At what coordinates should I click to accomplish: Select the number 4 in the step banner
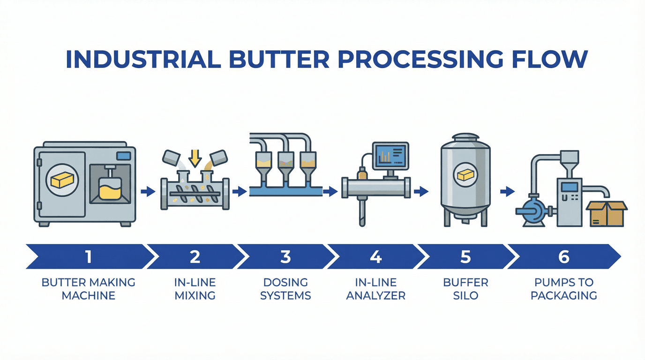pyautogui.click(x=375, y=256)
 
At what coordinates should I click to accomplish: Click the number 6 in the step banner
pyautogui.click(x=564, y=256)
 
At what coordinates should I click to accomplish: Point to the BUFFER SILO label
pyautogui.click(x=465, y=289)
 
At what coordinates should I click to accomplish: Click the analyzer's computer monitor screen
pyautogui.click(x=390, y=157)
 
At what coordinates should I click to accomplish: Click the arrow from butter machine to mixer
pyautogui.click(x=148, y=191)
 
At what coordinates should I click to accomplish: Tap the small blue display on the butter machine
pyautogui.click(x=123, y=156)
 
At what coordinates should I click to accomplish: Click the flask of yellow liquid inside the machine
pyautogui.click(x=110, y=187)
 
